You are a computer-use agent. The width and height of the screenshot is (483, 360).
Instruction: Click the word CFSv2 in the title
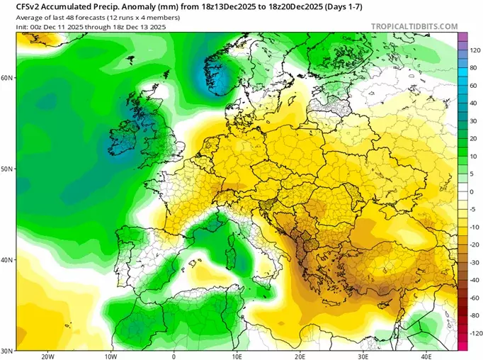[x=19, y=5]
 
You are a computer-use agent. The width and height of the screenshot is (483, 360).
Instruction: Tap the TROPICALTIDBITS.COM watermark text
[x=414, y=26]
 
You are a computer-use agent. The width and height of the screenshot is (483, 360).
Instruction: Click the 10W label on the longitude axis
[x=110, y=356]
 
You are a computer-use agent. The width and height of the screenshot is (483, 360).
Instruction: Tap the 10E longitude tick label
[x=237, y=356]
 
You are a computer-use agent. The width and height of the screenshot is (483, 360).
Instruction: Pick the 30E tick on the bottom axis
[x=363, y=356]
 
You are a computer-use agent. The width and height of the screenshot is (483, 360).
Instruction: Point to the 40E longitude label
[x=426, y=356]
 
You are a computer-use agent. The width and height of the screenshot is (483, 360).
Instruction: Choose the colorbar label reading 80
[x=472, y=68]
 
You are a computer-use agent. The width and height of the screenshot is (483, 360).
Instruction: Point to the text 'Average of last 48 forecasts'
[x=52, y=16]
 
